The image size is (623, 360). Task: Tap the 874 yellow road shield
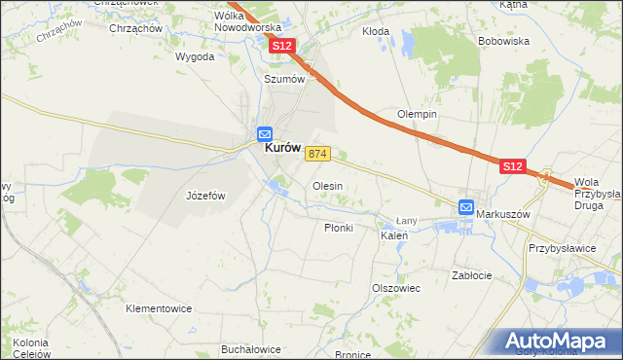click(318, 155)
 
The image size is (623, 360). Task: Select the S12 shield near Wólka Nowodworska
click(282, 46)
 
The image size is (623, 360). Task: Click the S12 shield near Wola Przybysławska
click(514, 167)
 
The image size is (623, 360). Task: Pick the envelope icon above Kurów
click(264, 133)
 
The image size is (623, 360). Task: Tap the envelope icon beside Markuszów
click(466, 207)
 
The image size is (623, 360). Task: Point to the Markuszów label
click(507, 214)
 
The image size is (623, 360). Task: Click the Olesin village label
click(327, 185)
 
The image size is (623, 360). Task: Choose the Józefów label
click(205, 196)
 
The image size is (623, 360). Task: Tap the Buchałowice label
click(251, 348)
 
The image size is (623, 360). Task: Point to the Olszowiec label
click(395, 288)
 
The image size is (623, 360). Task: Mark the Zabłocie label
click(472, 275)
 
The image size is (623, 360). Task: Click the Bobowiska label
click(503, 42)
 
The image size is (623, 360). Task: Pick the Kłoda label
click(376, 31)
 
